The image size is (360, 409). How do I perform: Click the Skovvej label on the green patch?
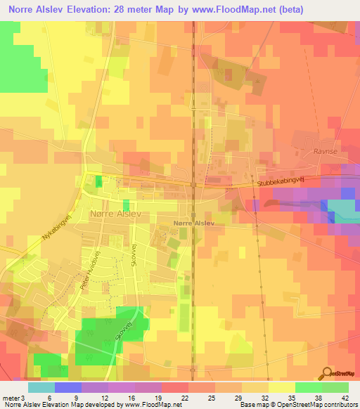[x=124, y=332]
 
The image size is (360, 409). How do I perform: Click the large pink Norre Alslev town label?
[x=117, y=213]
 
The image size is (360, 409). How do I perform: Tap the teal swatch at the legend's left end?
[x=41, y=387]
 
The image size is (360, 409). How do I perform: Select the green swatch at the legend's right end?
[x=335, y=387]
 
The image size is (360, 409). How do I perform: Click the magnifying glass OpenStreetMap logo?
[x=328, y=373]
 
